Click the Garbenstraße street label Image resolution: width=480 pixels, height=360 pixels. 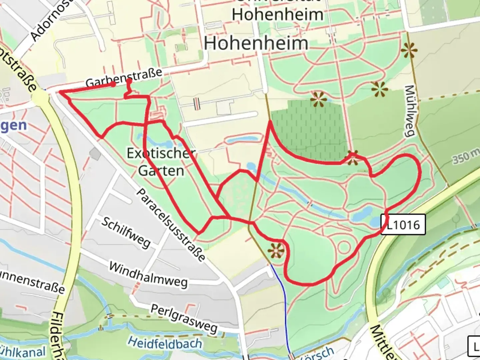[x=124, y=77]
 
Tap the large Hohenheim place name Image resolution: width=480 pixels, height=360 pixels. [x=256, y=43]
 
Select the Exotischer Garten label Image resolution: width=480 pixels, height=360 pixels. [x=161, y=162]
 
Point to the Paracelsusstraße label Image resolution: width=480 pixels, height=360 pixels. [x=171, y=225]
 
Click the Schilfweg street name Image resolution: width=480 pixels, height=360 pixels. [x=126, y=232]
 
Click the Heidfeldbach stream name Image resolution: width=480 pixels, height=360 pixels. [x=165, y=343]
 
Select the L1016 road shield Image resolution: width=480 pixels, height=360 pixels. [x=403, y=225]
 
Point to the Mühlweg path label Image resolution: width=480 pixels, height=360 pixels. [x=410, y=111]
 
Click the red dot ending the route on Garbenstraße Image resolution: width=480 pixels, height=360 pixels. [x=113, y=85]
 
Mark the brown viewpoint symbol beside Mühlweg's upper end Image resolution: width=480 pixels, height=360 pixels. [x=409, y=51]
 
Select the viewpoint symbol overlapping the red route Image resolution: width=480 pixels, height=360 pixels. [x=352, y=158]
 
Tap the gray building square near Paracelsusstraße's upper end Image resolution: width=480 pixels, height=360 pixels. [x=95, y=154]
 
